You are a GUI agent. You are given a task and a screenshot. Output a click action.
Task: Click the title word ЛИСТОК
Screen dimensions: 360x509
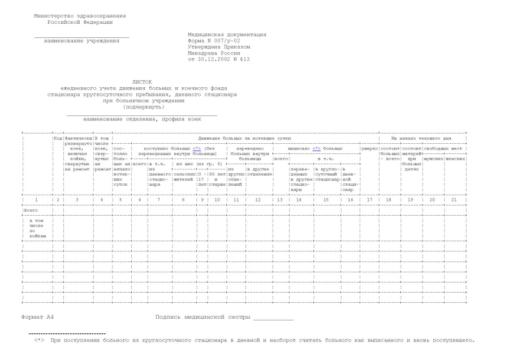[142, 82]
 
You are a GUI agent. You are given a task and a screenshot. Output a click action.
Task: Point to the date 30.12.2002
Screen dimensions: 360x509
[219, 59]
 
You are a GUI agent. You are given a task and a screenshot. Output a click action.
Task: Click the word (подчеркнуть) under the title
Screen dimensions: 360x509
[142, 107]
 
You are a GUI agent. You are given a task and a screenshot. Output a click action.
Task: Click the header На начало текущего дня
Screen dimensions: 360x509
[423, 138]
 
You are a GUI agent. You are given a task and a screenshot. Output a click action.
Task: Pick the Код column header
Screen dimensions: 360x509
[57, 138]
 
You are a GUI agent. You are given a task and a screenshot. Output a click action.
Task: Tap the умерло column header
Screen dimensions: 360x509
[369, 148]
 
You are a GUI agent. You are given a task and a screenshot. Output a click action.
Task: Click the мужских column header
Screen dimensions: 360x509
[433, 158]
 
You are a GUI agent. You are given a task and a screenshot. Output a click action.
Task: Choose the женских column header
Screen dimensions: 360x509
[456, 158]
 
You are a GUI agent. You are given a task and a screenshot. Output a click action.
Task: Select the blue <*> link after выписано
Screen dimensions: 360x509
[317, 148]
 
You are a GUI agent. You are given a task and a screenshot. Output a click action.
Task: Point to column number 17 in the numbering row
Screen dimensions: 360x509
[369, 199]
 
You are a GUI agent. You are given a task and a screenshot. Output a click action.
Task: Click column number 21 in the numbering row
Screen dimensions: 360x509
[455, 199]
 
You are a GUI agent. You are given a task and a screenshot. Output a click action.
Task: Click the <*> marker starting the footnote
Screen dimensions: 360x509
[38, 340]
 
